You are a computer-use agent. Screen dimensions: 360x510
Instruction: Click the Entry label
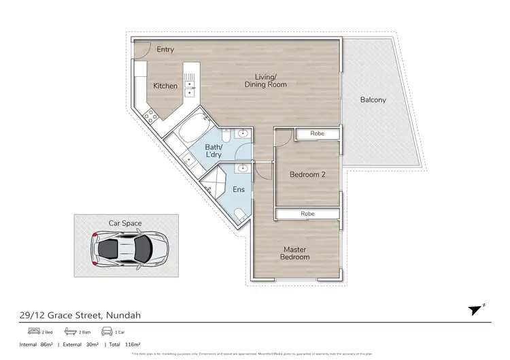pos(165,50)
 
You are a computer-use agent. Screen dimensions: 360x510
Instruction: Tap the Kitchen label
pos(165,86)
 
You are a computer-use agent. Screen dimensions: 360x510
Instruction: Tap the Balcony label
pos(373,100)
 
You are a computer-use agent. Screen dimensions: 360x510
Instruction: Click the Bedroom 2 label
pos(307,175)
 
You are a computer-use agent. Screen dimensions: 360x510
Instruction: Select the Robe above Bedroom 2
pos(317,134)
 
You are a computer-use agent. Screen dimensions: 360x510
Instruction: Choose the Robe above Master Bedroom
pos(307,214)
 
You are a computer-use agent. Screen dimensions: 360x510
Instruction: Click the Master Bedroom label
pos(296,253)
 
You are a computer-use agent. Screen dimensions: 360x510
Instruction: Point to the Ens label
pos(239,190)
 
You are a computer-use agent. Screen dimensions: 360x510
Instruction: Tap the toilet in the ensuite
pos(240,214)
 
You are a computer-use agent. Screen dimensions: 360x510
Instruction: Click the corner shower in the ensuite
pos(216,180)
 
